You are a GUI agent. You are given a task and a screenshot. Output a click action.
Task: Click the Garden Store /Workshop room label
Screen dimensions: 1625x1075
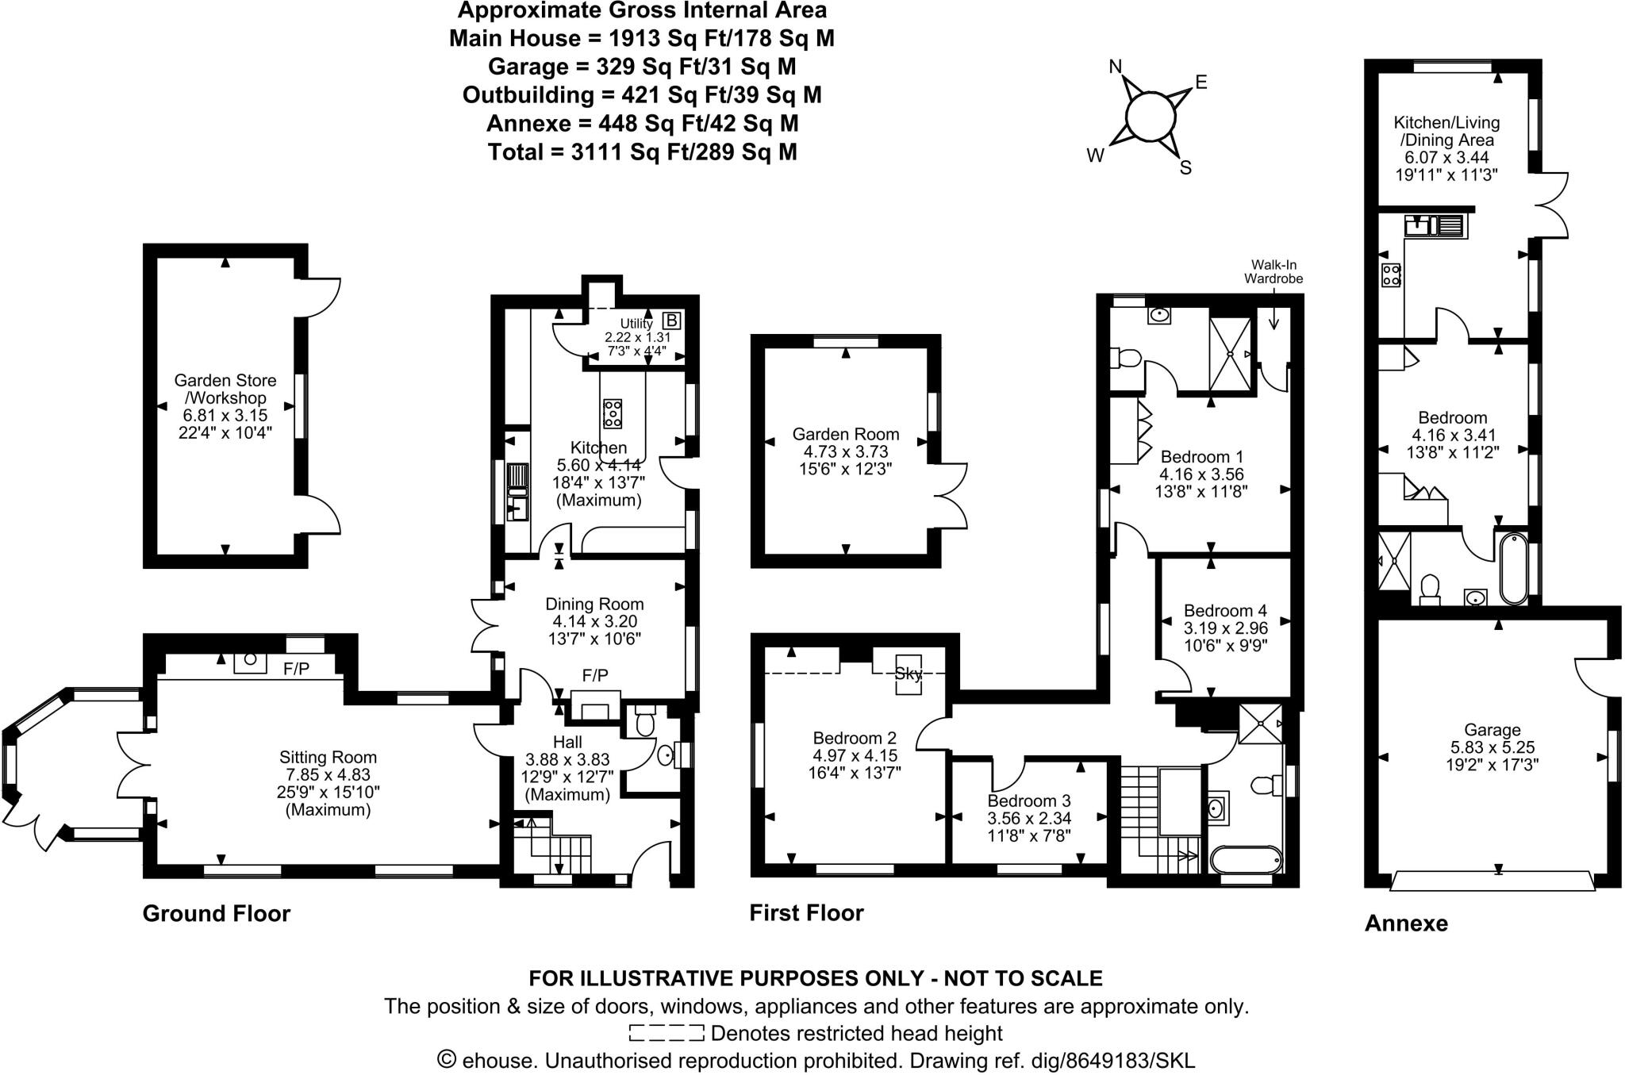click(x=225, y=390)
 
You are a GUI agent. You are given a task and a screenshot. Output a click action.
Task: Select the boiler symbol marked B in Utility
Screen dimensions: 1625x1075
click(x=671, y=321)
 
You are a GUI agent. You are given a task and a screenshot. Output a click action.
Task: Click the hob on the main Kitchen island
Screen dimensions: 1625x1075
click(x=613, y=413)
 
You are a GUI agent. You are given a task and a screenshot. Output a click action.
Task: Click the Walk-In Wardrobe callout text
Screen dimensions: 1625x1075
click(x=1273, y=271)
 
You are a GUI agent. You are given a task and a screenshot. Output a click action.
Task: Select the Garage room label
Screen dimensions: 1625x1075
click(x=1492, y=730)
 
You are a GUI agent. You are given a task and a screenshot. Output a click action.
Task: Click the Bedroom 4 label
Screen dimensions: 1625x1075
click(x=1225, y=610)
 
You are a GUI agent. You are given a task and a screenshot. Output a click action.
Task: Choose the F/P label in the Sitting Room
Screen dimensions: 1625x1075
click(x=296, y=670)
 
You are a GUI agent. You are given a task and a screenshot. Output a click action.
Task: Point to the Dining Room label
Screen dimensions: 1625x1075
click(x=594, y=604)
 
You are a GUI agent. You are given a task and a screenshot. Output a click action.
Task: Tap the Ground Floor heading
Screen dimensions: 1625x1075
click(x=217, y=913)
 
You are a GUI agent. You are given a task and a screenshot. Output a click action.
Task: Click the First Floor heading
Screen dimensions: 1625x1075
click(x=806, y=912)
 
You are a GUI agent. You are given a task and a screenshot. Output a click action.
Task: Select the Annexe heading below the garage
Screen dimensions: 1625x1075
click(x=1406, y=923)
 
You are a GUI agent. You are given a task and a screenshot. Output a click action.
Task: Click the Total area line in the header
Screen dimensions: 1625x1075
click(x=642, y=152)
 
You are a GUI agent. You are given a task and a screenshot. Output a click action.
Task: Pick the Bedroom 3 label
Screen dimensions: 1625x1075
click(x=1028, y=800)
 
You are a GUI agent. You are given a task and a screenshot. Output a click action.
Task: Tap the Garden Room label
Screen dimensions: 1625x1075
click(x=846, y=434)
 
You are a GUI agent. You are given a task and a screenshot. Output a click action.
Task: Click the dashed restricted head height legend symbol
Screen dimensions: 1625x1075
click(x=666, y=1033)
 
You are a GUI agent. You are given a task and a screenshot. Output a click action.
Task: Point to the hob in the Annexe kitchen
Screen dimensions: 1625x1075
click(x=1391, y=275)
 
